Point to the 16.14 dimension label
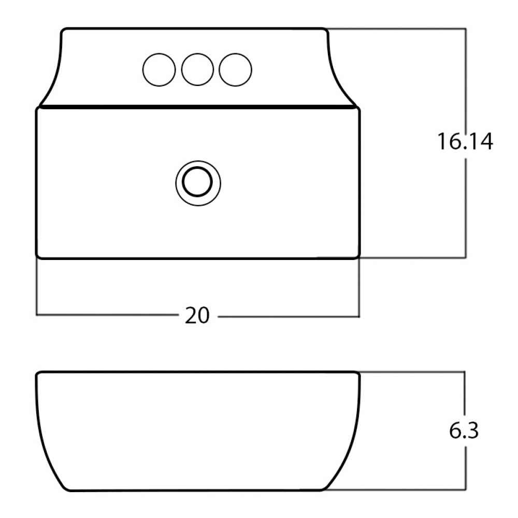click(x=465, y=141)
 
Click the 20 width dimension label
click(x=197, y=315)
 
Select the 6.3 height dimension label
click(x=464, y=430)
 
